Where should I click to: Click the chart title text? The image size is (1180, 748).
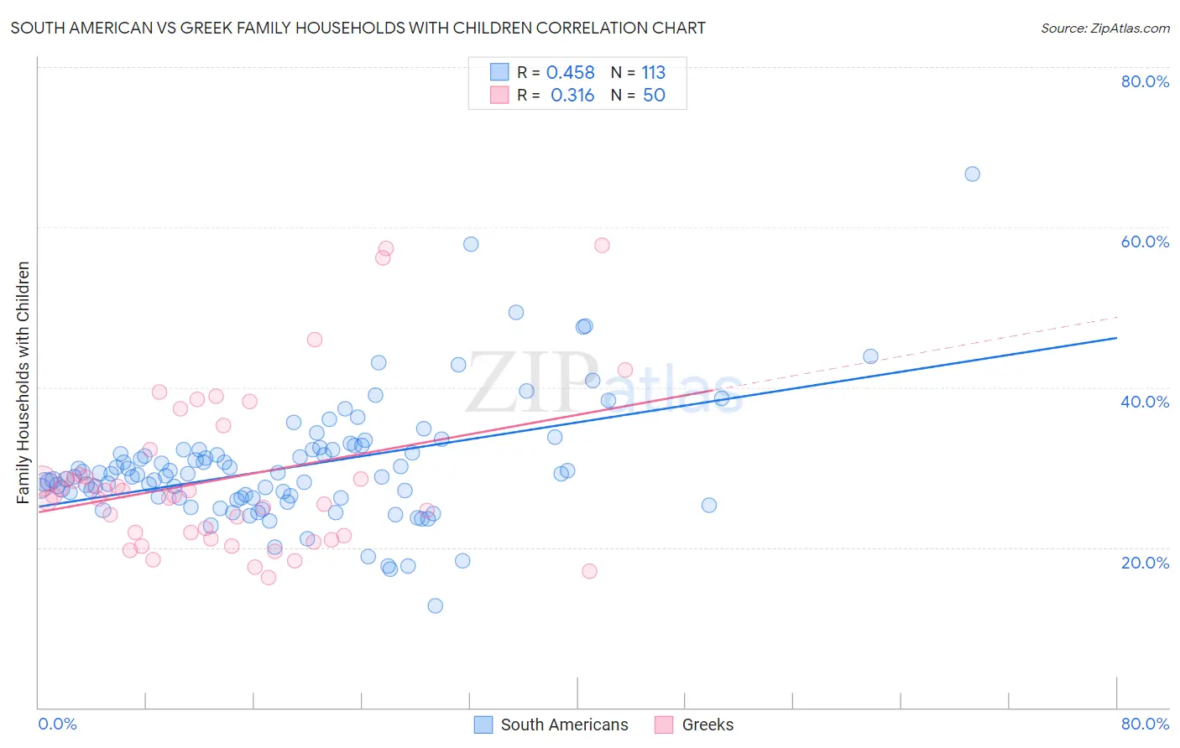pyautogui.click(x=358, y=28)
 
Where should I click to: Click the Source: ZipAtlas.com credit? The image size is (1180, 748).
pyautogui.click(x=1104, y=28)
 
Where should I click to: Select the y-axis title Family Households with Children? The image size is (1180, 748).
pyautogui.click(x=23, y=382)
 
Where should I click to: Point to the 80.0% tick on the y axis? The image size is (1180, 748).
pyautogui.click(x=1145, y=81)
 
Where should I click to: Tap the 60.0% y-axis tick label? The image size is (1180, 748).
pyautogui.click(x=1145, y=242)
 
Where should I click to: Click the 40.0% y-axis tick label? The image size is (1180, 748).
pyautogui.click(x=1145, y=402)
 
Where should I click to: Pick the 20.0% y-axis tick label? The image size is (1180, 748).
pyautogui.click(x=1145, y=563)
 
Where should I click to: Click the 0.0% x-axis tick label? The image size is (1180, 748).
pyautogui.click(x=57, y=724)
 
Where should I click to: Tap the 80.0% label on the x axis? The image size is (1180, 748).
pyautogui.click(x=1145, y=724)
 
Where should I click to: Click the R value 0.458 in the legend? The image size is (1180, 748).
pyautogui.click(x=570, y=73)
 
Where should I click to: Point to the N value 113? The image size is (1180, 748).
pyautogui.click(x=653, y=73)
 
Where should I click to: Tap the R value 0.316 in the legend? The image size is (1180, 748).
pyautogui.click(x=572, y=96)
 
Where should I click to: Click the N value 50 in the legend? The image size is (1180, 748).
pyautogui.click(x=654, y=96)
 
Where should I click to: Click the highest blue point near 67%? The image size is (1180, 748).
pyautogui.click(x=972, y=174)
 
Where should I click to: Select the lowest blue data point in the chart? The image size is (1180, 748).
pyautogui.click(x=435, y=605)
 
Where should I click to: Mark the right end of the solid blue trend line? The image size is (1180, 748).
pyautogui.click(x=1116, y=337)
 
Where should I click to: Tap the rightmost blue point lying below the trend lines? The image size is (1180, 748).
pyautogui.click(x=709, y=505)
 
